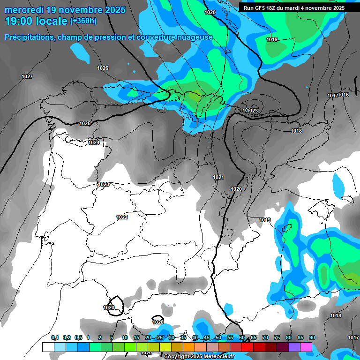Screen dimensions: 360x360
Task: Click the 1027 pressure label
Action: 27,76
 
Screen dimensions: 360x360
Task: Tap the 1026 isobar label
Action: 103,68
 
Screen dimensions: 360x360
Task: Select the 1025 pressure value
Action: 85,124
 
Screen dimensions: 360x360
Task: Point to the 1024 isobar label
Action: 93,143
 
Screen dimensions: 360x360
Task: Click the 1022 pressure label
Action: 122,217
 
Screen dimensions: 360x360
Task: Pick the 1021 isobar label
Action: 218,177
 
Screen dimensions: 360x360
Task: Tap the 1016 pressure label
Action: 344,95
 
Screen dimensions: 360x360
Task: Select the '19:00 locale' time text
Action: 36,21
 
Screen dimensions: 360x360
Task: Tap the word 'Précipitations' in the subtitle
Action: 28,37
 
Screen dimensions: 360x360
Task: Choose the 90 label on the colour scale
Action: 312,338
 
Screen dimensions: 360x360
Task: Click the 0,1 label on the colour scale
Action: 55,338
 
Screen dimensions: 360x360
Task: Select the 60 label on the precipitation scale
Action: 242,338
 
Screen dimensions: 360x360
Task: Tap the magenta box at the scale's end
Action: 306,347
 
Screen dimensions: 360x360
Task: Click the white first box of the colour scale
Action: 48,347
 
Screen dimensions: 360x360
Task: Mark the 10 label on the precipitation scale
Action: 125,338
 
